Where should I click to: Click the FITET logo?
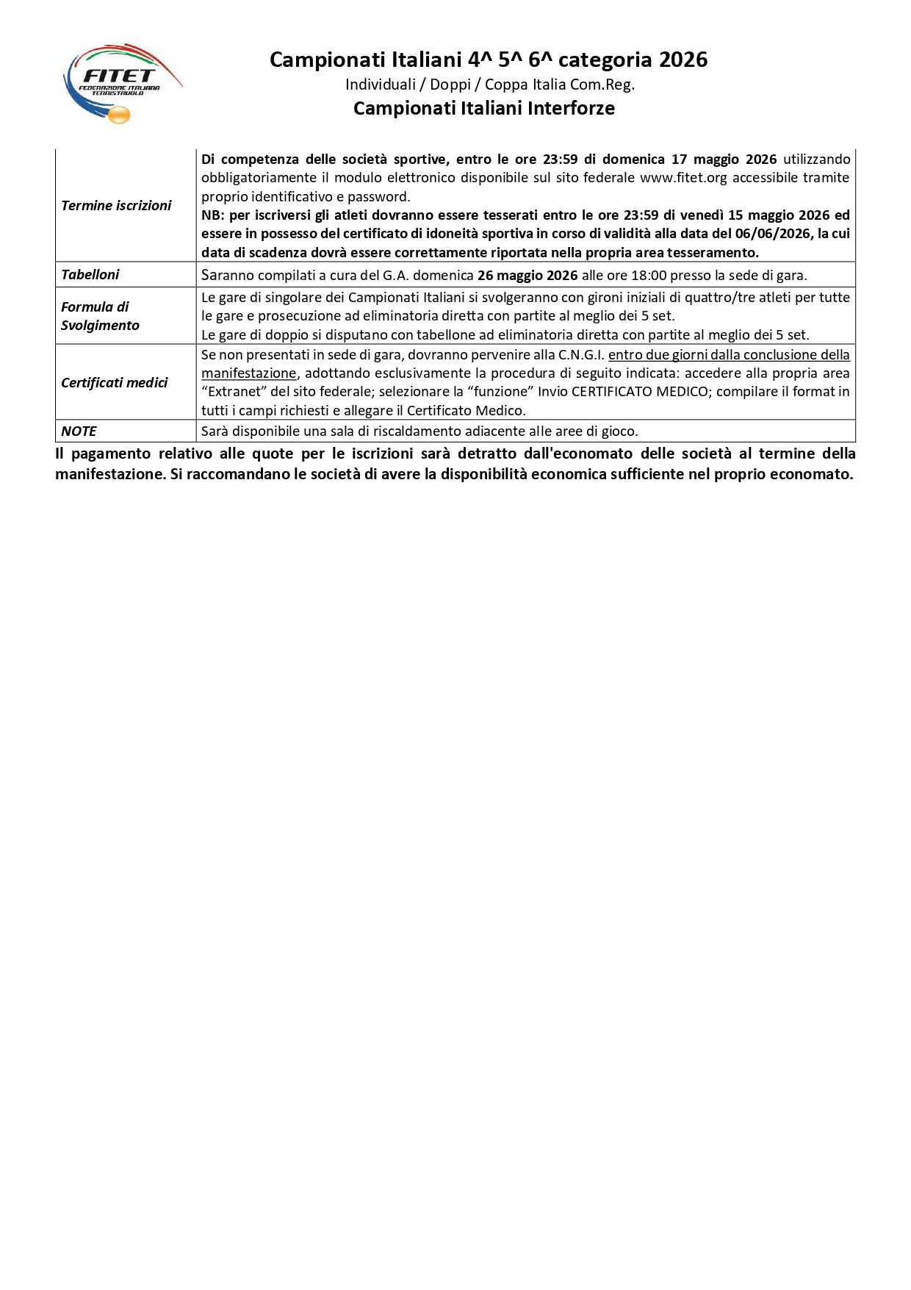click(x=122, y=83)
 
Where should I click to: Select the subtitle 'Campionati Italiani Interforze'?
click(x=483, y=108)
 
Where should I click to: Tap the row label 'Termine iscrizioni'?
click(x=116, y=206)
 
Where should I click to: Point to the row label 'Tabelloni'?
click(x=90, y=275)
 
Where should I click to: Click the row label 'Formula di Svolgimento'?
click(x=100, y=316)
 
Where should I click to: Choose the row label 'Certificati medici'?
click(x=114, y=383)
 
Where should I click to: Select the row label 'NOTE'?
click(x=79, y=431)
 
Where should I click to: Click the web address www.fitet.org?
click(x=683, y=178)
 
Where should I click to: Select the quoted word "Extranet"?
click(x=234, y=392)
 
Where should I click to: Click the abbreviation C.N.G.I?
click(x=581, y=355)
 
